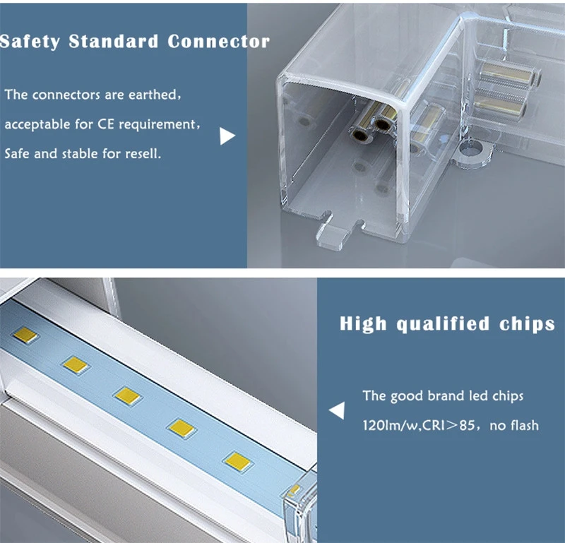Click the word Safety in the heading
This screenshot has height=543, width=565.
point(30,42)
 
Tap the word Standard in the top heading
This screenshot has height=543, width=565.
point(114,42)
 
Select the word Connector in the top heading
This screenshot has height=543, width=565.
point(219,42)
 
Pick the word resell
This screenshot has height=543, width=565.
point(143,154)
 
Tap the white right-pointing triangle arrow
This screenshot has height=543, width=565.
point(227,136)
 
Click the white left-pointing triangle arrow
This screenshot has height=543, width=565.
point(337,410)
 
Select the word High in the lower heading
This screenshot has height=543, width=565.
point(363,324)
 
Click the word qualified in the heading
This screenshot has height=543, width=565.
point(443,324)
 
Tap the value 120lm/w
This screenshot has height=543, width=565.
point(390,426)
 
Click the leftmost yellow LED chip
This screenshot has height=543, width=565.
point(25,335)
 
